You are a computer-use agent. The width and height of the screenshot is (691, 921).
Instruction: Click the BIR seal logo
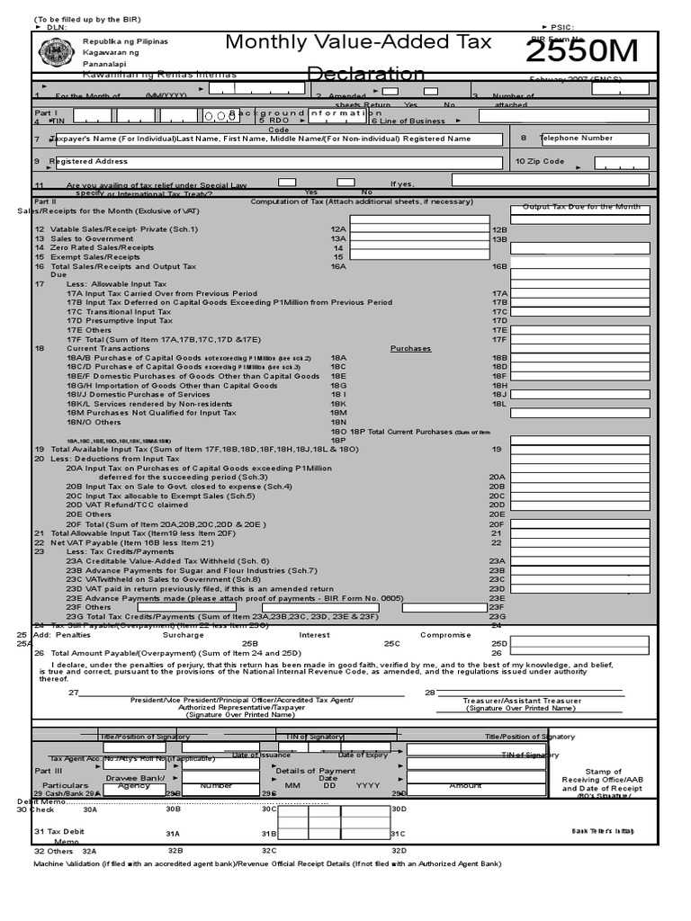tap(56, 52)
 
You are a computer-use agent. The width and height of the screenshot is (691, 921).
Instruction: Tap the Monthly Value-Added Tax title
tap(358, 42)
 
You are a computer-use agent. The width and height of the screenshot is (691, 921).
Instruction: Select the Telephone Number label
tap(576, 139)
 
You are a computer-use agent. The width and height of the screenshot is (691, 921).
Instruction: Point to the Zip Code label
tap(540, 162)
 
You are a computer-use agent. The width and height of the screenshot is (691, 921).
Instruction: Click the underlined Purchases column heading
tap(410, 348)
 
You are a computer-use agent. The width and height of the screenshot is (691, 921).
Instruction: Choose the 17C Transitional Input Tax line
tap(119, 312)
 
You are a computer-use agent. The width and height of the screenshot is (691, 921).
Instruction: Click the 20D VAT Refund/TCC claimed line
tap(127, 505)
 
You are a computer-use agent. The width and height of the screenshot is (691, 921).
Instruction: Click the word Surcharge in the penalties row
tap(184, 634)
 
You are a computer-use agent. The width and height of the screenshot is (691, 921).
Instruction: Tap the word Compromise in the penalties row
tap(445, 634)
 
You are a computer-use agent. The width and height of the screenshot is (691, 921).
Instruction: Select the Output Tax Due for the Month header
tap(581, 207)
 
